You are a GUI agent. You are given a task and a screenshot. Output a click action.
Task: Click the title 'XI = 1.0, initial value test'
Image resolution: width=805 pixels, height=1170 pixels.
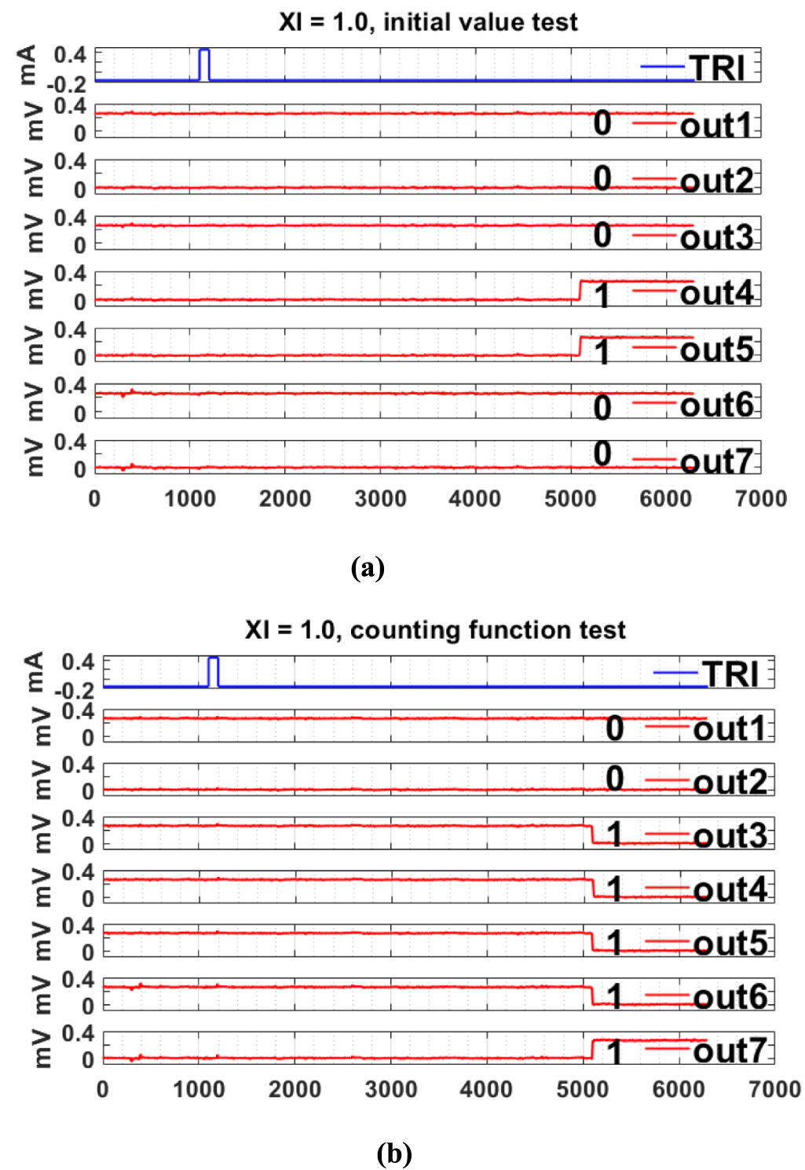(x=428, y=21)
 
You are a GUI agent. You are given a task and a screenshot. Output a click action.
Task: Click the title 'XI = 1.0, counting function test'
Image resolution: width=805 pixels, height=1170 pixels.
(x=435, y=629)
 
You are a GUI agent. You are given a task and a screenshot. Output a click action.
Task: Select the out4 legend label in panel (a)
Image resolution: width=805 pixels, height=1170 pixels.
(x=716, y=293)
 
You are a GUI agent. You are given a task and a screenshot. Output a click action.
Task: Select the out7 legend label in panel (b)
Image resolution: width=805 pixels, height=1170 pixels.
(x=730, y=1051)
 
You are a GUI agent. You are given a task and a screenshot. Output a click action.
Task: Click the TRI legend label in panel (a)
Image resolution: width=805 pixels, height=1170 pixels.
(x=716, y=68)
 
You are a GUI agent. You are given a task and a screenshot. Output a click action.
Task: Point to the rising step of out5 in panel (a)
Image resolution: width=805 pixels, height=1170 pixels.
(x=580, y=346)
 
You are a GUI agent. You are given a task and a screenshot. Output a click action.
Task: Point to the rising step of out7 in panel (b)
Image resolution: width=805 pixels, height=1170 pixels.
(x=591, y=1049)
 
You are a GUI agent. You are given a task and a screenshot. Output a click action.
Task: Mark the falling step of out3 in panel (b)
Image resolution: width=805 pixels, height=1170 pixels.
(x=591, y=834)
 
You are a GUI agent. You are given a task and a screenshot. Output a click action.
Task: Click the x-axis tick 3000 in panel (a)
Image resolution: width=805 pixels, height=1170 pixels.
(x=380, y=499)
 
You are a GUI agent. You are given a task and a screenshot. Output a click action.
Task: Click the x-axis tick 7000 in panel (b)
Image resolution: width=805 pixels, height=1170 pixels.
(x=774, y=1090)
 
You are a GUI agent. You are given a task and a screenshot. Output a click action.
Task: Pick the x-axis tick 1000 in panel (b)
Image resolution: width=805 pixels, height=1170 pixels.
(x=199, y=1090)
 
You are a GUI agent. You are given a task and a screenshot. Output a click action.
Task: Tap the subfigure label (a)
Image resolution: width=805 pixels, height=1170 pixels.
(x=368, y=567)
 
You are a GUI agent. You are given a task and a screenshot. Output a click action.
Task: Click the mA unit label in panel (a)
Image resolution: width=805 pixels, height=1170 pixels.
(x=27, y=64)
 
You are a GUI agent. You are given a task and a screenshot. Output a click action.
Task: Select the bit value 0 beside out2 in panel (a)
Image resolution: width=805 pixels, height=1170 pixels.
(x=602, y=178)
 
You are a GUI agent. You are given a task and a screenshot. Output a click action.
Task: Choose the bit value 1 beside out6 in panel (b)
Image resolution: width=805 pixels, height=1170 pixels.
(x=614, y=996)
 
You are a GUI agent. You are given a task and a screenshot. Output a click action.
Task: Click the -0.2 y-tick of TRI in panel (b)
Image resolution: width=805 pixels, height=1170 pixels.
(x=74, y=690)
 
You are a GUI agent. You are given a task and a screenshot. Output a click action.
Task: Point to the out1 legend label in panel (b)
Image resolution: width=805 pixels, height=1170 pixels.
(x=730, y=728)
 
